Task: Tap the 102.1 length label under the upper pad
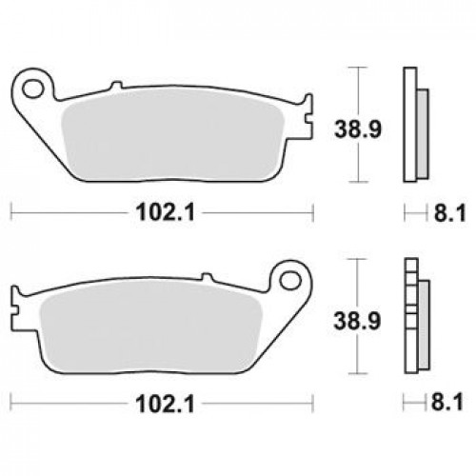(165, 212)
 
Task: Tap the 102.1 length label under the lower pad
(165, 404)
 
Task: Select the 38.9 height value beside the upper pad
(358, 129)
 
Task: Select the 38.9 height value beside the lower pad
(357, 321)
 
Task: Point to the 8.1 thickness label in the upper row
(450, 212)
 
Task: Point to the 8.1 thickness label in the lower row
(447, 402)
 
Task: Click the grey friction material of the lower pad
(150, 326)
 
